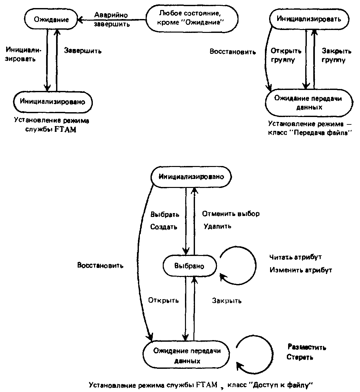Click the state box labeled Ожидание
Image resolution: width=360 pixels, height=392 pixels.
(x=51, y=19)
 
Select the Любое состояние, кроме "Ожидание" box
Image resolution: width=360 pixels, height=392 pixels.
(x=192, y=18)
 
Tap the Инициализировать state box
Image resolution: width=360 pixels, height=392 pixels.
(x=309, y=19)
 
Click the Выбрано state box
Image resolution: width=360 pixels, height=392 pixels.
(x=190, y=266)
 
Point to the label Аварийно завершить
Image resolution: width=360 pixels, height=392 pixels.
(x=112, y=20)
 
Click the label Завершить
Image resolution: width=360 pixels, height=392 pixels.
(x=83, y=51)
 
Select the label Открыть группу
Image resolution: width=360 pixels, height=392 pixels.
(x=286, y=55)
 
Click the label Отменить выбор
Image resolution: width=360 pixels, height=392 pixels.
(x=231, y=214)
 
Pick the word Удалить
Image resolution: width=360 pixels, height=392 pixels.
(x=218, y=226)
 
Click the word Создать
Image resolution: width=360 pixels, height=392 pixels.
(x=164, y=227)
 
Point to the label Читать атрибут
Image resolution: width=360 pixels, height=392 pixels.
(x=295, y=257)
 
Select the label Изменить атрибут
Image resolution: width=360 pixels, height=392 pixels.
(x=301, y=270)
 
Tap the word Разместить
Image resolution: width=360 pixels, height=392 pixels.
(x=307, y=347)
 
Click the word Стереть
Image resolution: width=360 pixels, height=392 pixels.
(x=300, y=357)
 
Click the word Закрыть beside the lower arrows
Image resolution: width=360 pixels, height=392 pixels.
(x=227, y=300)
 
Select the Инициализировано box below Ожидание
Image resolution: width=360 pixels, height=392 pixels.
(x=53, y=102)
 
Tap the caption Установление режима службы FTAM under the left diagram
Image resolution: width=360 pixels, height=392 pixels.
(x=51, y=125)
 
